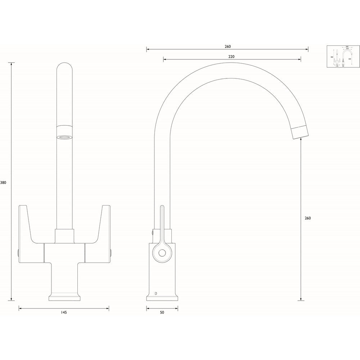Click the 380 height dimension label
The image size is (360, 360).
pos(3,183)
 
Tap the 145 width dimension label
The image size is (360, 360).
pos(64,312)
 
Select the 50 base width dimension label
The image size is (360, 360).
pos(162,312)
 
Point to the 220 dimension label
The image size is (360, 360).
pos(231,57)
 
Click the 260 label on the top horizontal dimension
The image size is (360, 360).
pos(228,46)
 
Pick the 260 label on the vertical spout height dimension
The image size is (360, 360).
pos(307,218)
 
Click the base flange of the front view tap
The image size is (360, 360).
pos(65,297)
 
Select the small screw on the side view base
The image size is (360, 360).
pos(156,293)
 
